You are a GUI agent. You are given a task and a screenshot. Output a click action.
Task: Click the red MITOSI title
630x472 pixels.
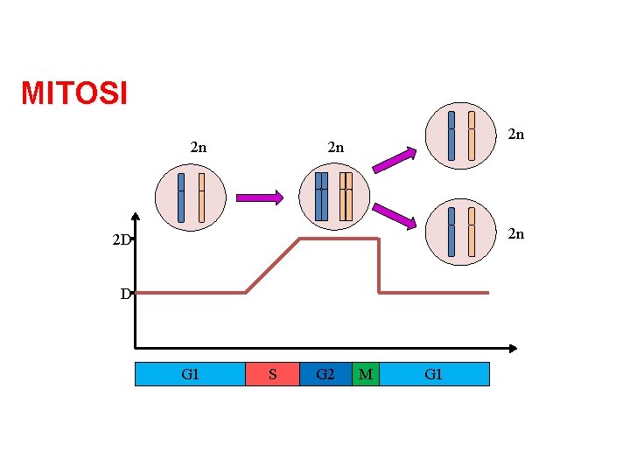(74, 93)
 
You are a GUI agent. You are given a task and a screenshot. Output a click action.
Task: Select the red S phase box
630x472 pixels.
(272, 374)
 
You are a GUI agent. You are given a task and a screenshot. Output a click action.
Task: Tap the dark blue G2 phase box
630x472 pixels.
(325, 374)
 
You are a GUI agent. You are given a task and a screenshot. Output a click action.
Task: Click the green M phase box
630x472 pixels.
(366, 374)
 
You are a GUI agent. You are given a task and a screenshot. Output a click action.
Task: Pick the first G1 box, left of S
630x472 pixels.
(190, 374)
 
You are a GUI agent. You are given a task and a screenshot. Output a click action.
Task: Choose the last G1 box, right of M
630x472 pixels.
(434, 374)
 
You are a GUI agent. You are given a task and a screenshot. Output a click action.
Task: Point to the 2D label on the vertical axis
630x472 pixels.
(120, 239)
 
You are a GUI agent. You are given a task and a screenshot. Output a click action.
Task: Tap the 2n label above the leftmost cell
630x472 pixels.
(199, 147)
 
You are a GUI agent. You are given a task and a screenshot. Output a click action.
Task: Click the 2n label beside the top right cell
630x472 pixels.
(516, 134)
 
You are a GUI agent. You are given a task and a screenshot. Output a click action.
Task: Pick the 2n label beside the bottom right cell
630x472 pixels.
(516, 233)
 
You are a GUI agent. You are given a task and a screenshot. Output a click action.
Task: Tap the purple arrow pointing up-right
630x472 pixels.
(393, 159)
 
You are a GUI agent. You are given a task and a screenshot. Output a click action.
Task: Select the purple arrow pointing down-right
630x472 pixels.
(393, 217)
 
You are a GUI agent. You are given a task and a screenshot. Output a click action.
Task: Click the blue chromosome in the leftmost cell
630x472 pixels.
(181, 197)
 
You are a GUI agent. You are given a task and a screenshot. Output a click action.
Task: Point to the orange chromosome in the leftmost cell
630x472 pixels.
(201, 197)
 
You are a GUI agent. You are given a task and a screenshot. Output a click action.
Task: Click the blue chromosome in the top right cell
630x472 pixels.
(451, 135)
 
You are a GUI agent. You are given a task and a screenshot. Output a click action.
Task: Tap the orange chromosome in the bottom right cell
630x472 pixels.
(472, 232)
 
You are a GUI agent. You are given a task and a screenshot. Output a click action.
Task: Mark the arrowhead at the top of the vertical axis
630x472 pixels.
(136, 218)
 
